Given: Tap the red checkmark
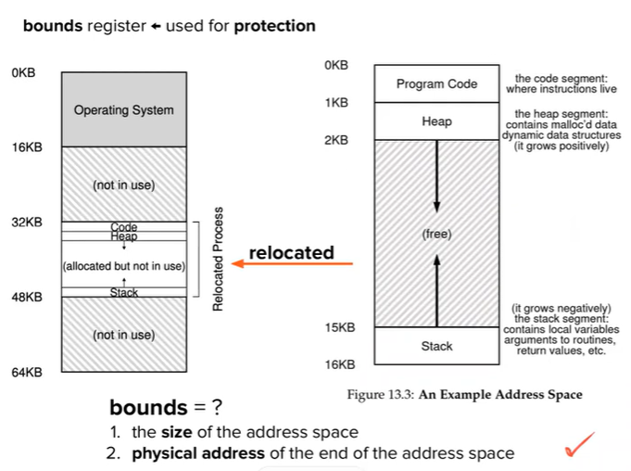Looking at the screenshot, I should point(580,449).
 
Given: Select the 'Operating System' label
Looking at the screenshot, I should point(123,110).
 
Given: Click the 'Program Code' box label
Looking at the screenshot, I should point(436,83).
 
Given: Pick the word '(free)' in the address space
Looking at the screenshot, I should point(436,235).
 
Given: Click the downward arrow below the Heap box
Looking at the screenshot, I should point(436,176).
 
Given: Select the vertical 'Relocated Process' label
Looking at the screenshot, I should point(218,261).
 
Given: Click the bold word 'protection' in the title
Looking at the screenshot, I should point(274,26).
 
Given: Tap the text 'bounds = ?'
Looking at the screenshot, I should point(166,407).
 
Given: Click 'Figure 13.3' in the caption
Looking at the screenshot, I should point(381,395).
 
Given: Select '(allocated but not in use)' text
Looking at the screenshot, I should point(123,267).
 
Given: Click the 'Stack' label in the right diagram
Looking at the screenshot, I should point(436,346).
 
